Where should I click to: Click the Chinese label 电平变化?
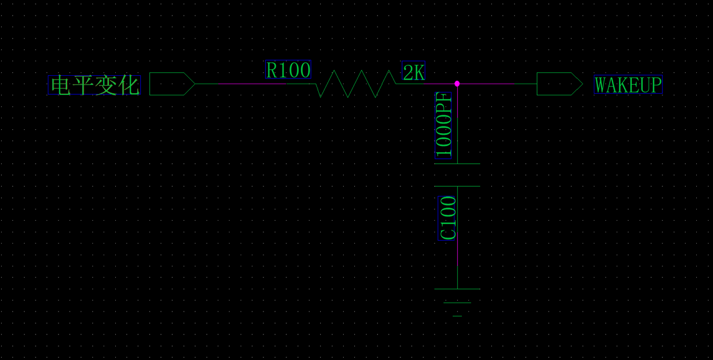click(94, 85)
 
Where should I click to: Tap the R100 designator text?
click(288, 70)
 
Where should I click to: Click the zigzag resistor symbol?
click(355, 84)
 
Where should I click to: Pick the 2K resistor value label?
click(413, 72)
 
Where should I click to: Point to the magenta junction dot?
click(457, 84)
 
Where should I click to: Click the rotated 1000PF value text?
click(443, 125)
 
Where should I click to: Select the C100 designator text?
click(448, 218)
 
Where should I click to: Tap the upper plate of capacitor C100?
click(457, 164)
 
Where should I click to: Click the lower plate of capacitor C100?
click(457, 186)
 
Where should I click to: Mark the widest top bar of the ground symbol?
click(457, 289)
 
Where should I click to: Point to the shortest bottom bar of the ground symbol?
click(457, 316)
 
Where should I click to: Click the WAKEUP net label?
click(628, 85)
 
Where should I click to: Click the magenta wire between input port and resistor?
click(251, 84)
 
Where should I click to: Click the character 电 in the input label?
click(60, 85)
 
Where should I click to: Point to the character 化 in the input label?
click(129, 85)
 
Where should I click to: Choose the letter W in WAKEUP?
click(600, 85)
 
